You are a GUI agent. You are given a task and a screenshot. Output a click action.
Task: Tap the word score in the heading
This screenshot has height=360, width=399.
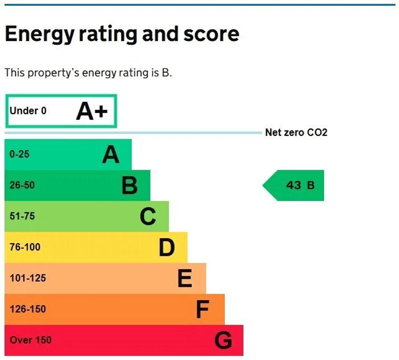coord(211,34)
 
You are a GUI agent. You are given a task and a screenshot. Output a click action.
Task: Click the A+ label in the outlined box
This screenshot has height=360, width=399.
coord(92,111)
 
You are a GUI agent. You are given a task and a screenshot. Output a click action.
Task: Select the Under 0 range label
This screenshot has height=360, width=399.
coord(28,111)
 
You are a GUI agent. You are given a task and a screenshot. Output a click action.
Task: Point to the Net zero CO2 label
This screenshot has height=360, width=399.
coord(296,133)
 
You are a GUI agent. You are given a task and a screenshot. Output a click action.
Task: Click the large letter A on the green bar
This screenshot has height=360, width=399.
coord(111,154)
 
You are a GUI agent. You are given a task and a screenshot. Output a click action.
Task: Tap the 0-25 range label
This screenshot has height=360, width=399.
coord(20,154)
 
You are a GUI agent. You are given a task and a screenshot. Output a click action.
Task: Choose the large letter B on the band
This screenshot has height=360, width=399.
coord(129,185)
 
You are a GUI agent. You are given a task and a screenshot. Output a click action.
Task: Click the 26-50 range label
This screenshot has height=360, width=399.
coord(22,185)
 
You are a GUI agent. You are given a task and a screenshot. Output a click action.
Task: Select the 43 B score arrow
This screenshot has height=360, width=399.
coord(293,185)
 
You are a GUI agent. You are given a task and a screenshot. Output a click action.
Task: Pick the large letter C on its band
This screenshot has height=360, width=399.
coord(148,216)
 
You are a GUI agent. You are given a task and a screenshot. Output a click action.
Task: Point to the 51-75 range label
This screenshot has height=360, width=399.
coord(22,216)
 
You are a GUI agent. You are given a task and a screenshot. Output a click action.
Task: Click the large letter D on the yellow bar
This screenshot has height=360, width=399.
coord(167,247)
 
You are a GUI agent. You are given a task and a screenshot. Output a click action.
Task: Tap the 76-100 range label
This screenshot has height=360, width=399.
coord(25,247)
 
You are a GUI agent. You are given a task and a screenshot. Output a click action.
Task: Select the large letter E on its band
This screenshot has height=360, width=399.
coord(185,278)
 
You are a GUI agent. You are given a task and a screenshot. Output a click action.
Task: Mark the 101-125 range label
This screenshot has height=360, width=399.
coord(28,278)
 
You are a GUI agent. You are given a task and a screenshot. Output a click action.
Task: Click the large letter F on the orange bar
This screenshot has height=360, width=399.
coord(203,309)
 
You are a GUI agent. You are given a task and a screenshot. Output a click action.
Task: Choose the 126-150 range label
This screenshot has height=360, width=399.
coord(28,309)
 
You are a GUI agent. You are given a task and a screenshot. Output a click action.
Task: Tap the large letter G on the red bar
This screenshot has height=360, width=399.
coord(223,340)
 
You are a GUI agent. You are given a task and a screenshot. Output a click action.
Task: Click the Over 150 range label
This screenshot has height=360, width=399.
coord(31,340)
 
